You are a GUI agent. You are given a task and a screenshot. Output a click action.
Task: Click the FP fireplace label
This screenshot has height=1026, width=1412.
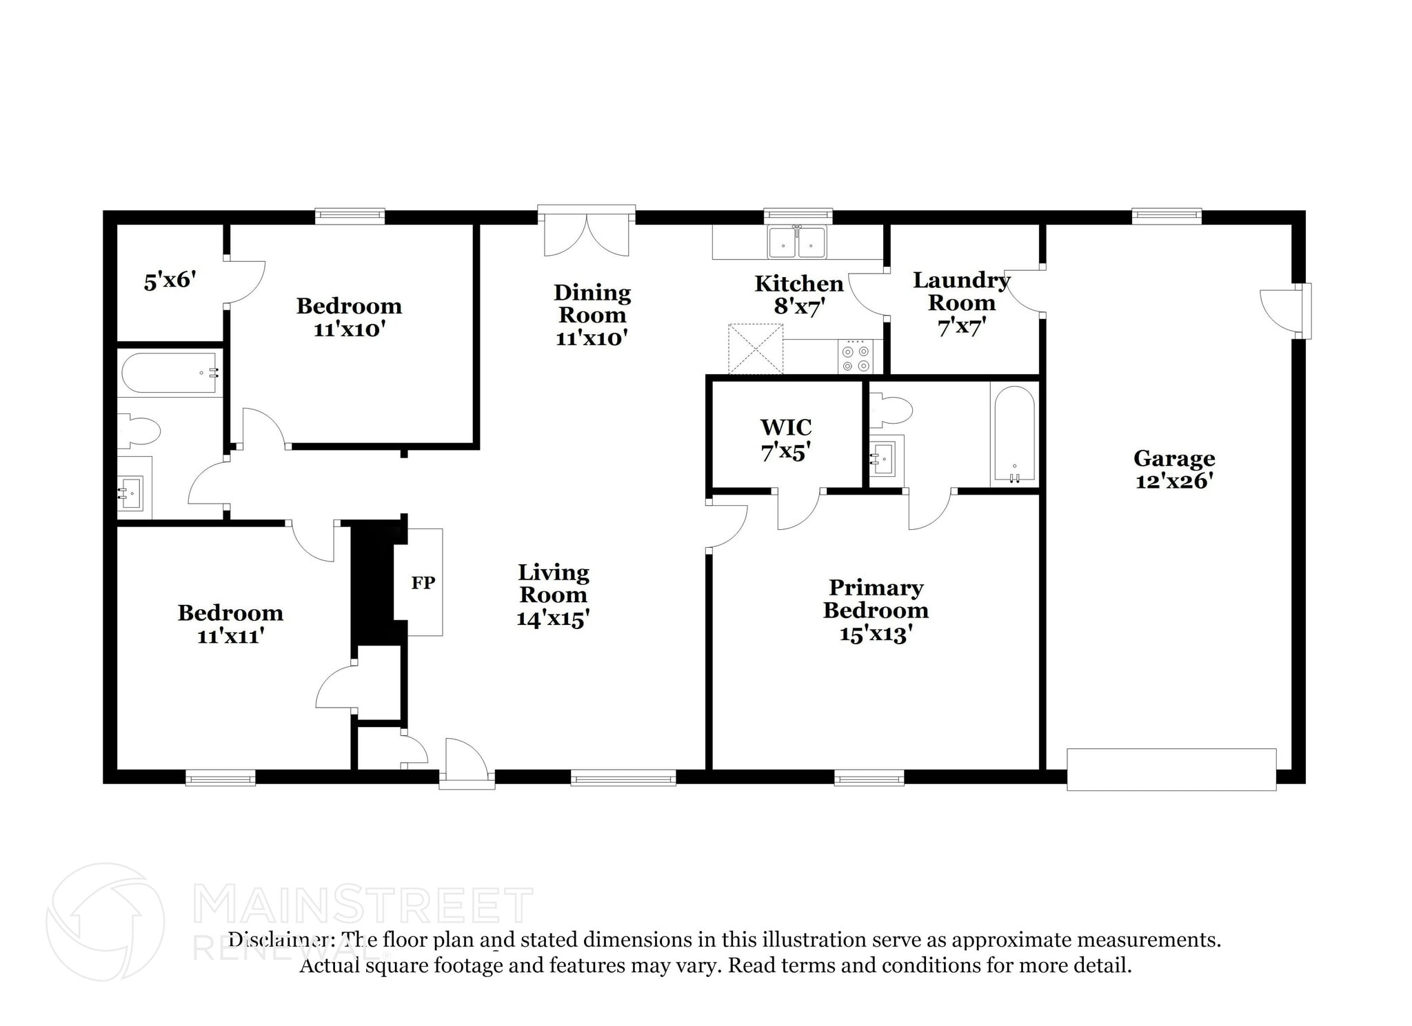(x=423, y=582)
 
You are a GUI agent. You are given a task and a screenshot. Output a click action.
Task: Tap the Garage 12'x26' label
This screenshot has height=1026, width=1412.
(x=1174, y=469)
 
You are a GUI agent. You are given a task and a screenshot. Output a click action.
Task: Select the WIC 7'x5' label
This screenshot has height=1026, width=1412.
(x=786, y=439)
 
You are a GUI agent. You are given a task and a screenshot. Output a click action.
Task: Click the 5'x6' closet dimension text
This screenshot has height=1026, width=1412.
(x=170, y=280)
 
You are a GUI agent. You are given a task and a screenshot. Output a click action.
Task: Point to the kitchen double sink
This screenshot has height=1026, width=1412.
(x=798, y=242)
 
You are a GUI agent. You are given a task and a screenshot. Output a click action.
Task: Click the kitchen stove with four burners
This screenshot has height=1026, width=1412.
(x=856, y=357)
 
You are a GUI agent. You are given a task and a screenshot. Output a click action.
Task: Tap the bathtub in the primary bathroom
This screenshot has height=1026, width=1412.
(x=1013, y=433)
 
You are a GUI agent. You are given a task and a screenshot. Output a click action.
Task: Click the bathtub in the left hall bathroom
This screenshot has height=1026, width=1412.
(x=170, y=373)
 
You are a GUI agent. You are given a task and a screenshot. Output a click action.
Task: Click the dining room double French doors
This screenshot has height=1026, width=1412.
(x=586, y=232)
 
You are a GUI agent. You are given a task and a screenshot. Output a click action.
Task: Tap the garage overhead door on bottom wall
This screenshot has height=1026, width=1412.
(x=1171, y=769)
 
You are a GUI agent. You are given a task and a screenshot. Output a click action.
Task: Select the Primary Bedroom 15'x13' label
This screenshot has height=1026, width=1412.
(x=876, y=610)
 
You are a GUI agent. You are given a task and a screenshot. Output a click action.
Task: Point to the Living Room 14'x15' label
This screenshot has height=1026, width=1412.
(x=553, y=595)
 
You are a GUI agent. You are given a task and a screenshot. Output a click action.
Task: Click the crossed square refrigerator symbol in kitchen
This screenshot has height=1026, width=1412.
(x=756, y=349)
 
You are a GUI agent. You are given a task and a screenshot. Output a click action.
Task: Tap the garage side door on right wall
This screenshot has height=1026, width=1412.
(x=1285, y=311)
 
